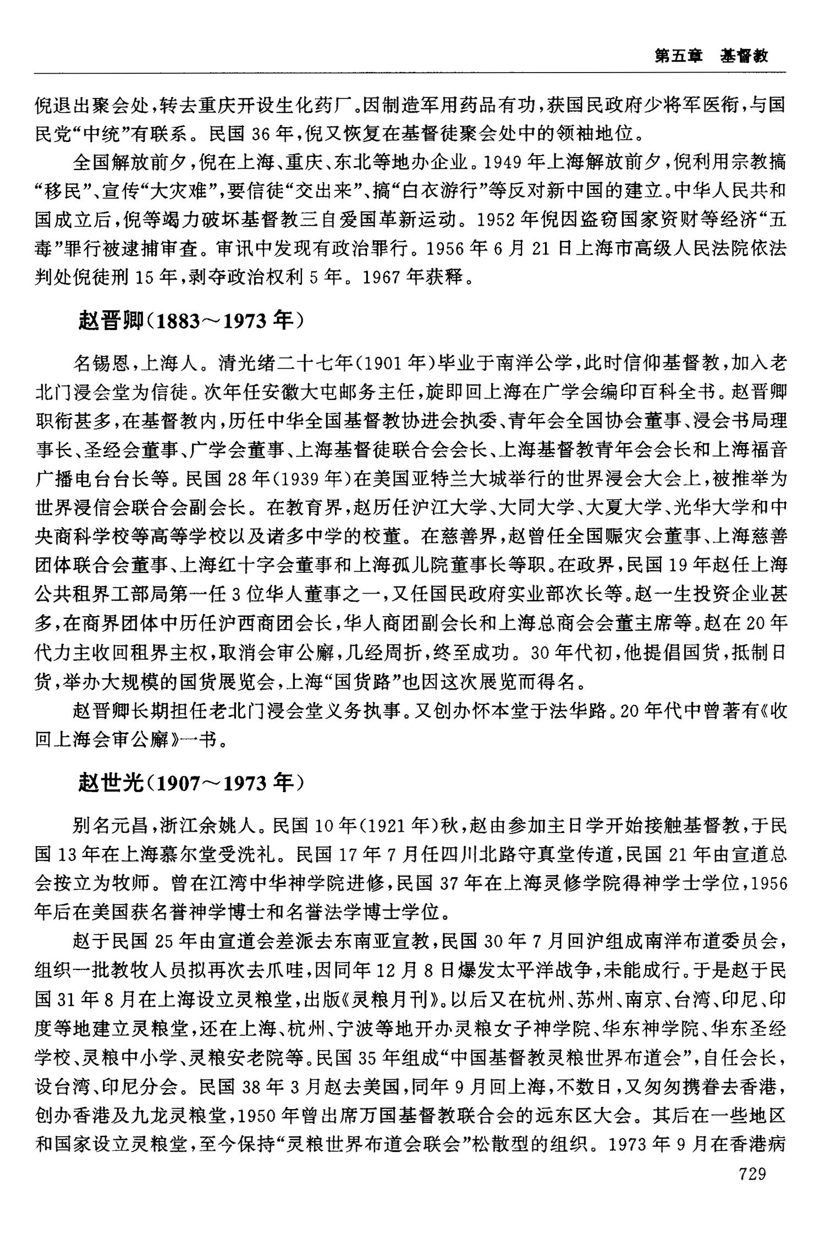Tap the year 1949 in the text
point(500,163)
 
